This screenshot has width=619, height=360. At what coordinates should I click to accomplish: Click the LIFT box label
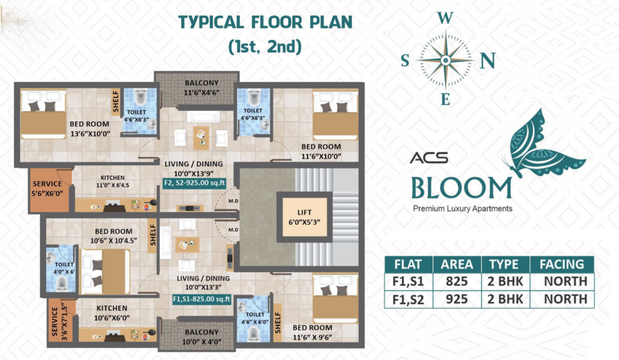click(x=304, y=217)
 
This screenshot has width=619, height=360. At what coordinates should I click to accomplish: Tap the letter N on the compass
click(x=488, y=61)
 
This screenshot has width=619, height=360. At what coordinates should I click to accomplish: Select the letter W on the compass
click(x=446, y=18)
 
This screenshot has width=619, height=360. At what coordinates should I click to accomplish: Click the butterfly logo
click(x=545, y=144)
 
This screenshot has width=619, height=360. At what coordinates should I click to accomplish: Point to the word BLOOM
click(x=461, y=188)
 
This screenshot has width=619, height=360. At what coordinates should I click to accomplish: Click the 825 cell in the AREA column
click(x=457, y=281)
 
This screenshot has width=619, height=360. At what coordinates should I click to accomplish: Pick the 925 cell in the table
click(x=457, y=299)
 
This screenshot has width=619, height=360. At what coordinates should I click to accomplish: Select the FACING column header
click(x=562, y=264)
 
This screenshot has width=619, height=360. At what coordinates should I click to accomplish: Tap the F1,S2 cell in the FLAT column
click(x=408, y=300)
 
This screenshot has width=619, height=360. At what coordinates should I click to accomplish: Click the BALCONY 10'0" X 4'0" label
click(x=201, y=337)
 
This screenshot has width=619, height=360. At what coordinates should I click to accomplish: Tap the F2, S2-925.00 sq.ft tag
click(x=194, y=184)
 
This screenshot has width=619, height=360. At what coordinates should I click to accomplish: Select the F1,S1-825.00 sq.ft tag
click(x=201, y=299)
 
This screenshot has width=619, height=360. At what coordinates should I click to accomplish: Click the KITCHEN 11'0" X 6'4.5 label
click(x=112, y=181)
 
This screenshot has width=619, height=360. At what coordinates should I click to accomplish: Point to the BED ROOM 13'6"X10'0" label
click(x=89, y=129)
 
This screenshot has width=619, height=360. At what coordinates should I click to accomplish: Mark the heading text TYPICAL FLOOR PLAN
click(x=265, y=22)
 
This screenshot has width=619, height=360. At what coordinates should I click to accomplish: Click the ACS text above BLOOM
click(x=429, y=158)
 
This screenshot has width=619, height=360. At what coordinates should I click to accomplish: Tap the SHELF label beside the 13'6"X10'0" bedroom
click(x=115, y=101)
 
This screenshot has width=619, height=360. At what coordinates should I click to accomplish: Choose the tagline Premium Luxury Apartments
click(x=462, y=208)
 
